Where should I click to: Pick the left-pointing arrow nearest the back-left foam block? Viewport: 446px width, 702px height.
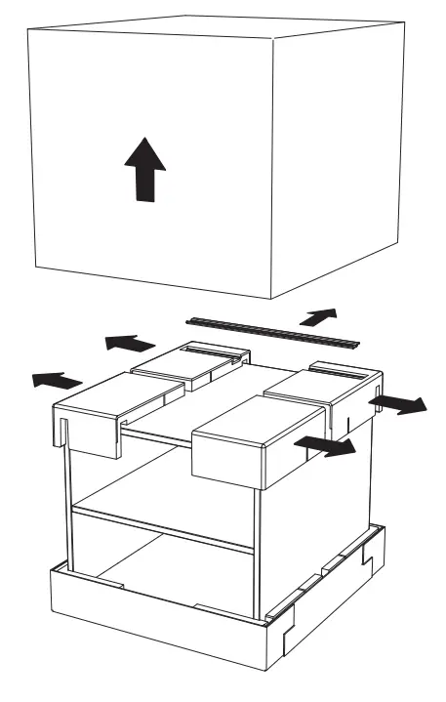pyautogui.click(x=129, y=343)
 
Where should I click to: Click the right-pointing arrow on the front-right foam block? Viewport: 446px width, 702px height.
pyautogui.click(x=326, y=445)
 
